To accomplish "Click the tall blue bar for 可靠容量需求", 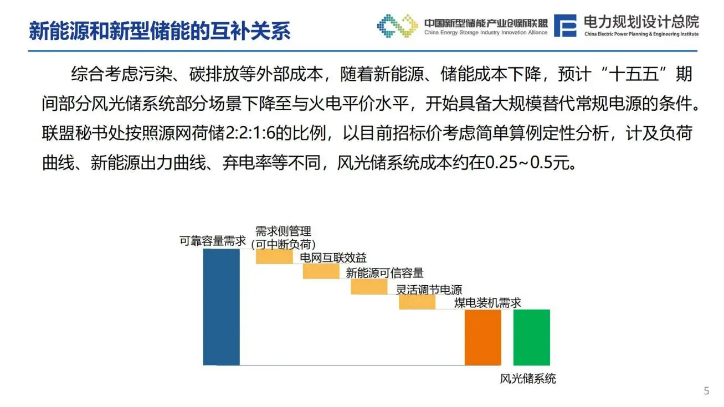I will (x=221, y=307).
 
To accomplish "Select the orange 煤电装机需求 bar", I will (x=482, y=337).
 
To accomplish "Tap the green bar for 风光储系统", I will (x=531, y=337).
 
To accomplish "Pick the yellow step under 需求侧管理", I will (x=274, y=257).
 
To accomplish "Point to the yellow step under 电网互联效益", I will (x=321, y=271).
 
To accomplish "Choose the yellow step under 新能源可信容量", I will (x=369, y=287).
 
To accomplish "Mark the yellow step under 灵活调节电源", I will (x=417, y=302).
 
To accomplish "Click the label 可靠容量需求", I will (x=213, y=241).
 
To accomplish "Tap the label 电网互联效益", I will (x=333, y=258).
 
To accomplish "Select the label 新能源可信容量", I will (x=384, y=273).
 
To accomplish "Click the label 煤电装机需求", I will (x=487, y=303).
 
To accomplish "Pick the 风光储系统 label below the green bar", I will (x=528, y=379).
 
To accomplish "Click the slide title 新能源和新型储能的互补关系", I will (x=160, y=30).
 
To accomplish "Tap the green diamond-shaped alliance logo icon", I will (x=397, y=25).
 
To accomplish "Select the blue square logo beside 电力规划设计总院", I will (x=565, y=25).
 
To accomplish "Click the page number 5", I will (x=706, y=391).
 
